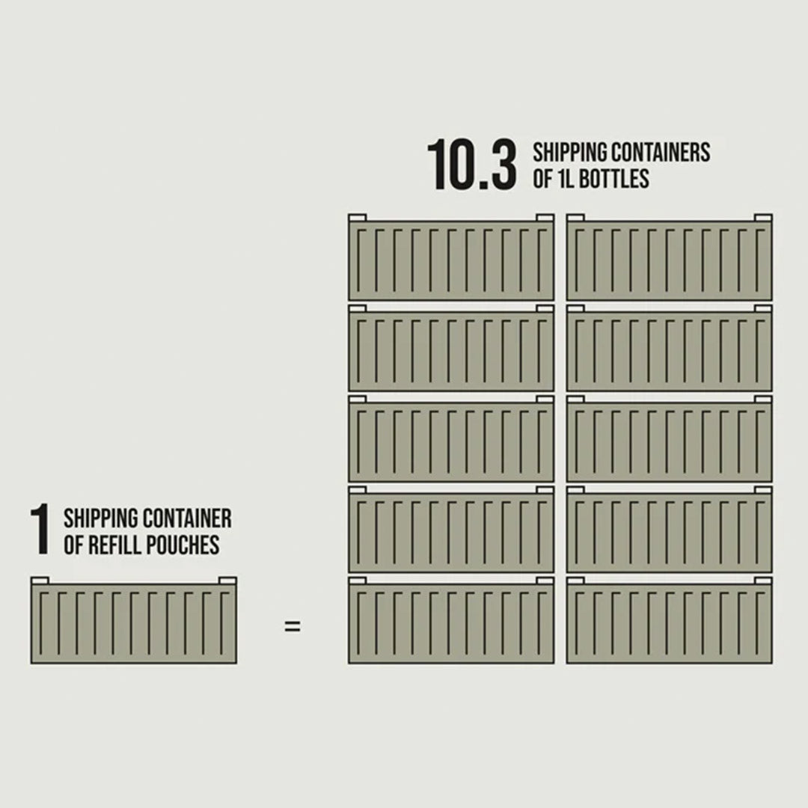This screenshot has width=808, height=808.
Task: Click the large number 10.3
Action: (x=471, y=165)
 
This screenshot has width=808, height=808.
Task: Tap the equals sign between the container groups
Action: (x=293, y=626)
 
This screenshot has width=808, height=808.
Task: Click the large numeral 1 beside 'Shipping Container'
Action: (x=40, y=530)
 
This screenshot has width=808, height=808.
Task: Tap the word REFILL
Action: (x=120, y=545)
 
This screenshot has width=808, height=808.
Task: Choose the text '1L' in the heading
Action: (x=565, y=179)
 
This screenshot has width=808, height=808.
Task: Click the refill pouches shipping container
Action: (x=134, y=620)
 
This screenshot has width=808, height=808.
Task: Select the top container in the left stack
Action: (x=451, y=257)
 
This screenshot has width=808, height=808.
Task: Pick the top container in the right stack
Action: (x=670, y=257)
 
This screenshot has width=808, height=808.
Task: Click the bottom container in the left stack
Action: (x=451, y=620)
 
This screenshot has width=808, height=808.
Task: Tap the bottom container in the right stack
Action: (x=670, y=620)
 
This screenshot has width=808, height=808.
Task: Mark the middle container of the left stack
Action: (x=451, y=438)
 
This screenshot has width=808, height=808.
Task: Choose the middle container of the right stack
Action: (x=670, y=438)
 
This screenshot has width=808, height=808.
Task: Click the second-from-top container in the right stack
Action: (x=670, y=348)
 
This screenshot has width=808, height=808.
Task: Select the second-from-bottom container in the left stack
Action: (x=451, y=529)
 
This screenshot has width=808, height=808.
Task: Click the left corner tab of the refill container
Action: (x=40, y=581)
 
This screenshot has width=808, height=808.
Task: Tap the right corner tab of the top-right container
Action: (x=763, y=218)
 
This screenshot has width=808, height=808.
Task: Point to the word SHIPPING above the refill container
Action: (x=101, y=518)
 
